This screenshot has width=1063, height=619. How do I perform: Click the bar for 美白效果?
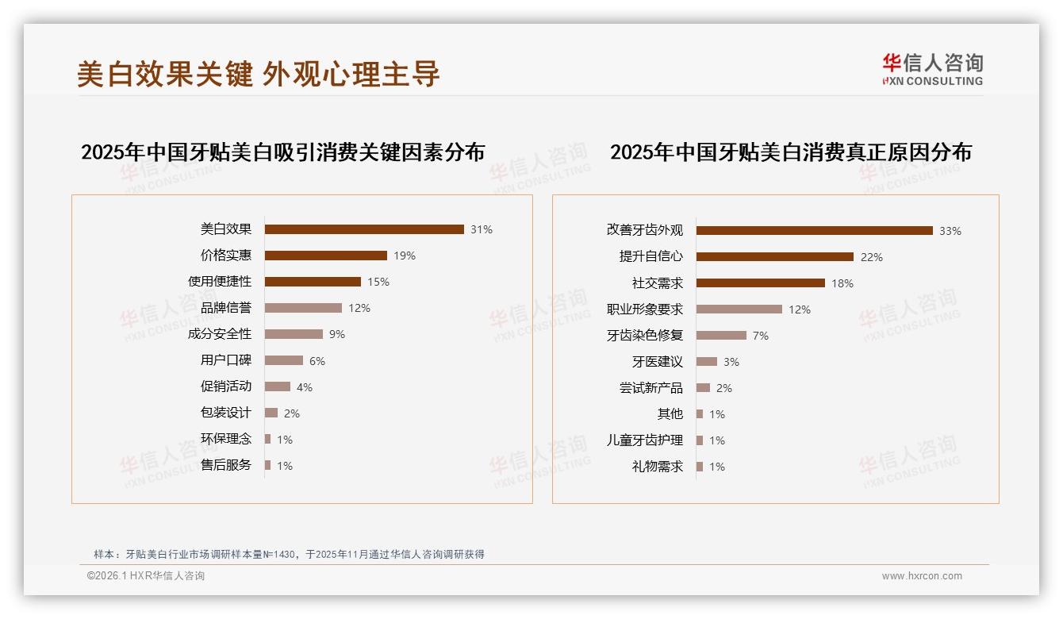click(x=364, y=229)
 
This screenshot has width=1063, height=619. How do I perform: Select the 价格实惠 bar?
click(x=326, y=256)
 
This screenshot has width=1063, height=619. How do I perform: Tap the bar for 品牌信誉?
click(x=303, y=308)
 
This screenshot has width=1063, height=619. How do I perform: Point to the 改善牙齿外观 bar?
click(x=814, y=231)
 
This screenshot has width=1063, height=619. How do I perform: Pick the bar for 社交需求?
click(x=760, y=283)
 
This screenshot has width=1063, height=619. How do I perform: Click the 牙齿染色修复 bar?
click(x=721, y=336)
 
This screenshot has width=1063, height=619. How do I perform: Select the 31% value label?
click(x=481, y=229)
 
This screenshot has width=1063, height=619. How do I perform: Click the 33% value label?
click(x=950, y=231)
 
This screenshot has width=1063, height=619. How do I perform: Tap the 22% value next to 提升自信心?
click(x=871, y=257)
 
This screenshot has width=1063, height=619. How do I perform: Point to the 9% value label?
click(x=336, y=334)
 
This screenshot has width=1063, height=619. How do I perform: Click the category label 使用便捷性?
click(x=220, y=282)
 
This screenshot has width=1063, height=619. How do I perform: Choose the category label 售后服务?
click(x=226, y=465)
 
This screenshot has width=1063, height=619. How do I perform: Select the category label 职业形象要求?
click(x=644, y=309)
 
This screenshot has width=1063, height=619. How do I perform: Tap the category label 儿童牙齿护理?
click(x=644, y=440)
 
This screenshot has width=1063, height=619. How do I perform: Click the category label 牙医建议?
click(x=657, y=362)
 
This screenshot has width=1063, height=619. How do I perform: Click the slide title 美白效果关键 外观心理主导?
click(x=258, y=74)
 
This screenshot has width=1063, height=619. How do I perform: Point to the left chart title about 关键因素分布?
click(x=282, y=152)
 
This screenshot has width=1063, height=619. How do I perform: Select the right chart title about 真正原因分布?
click(x=790, y=152)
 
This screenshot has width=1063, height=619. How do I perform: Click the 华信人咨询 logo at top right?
click(x=932, y=69)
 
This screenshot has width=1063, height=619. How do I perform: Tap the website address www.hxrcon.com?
click(x=922, y=576)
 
